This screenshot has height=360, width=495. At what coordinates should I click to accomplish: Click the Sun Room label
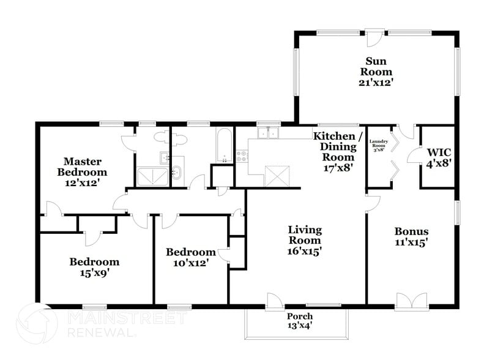coord(375,71)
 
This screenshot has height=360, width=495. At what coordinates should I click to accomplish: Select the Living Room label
coord(305,240)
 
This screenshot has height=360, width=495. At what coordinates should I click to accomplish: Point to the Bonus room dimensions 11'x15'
coord(411,242)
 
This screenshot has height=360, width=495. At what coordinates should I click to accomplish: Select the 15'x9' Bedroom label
coord(94,267)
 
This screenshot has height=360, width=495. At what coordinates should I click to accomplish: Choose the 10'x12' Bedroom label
coord(191,257)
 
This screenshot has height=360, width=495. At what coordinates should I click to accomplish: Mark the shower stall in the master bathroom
coord(147,176)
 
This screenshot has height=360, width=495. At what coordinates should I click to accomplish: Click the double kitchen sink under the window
coord(267,133)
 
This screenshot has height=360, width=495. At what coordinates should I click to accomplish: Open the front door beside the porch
coord(274,301)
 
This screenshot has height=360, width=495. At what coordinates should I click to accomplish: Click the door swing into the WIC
coord(414,157)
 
